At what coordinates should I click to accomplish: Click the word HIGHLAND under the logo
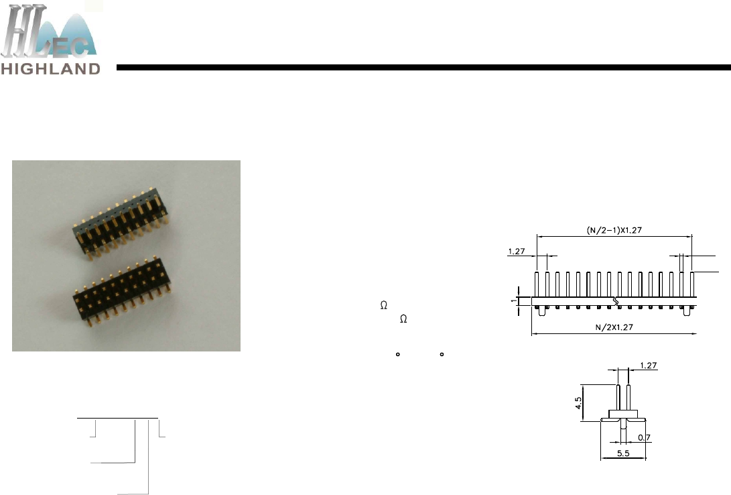pyautogui.click(x=50, y=69)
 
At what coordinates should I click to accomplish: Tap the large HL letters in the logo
pyautogui.click(x=23, y=32)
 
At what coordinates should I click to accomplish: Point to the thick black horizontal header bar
pyautogui.click(x=423, y=68)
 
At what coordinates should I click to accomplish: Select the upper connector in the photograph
pyautogui.click(x=121, y=221)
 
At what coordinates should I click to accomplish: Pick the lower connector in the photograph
pyautogui.click(x=122, y=290)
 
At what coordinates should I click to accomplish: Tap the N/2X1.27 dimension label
pyautogui.click(x=614, y=327)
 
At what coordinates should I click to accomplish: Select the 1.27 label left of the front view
pyautogui.click(x=517, y=252)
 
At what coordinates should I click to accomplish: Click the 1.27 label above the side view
pyautogui.click(x=649, y=366)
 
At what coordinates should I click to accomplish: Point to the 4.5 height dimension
pyautogui.click(x=578, y=403)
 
